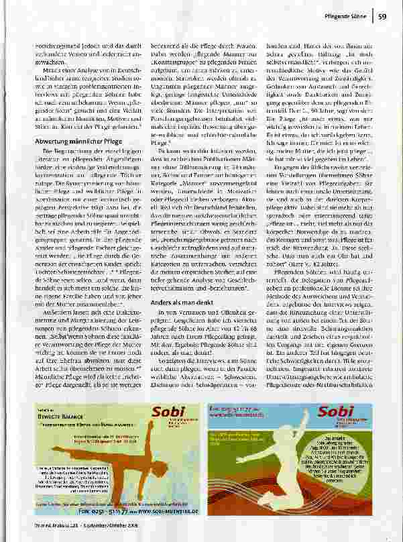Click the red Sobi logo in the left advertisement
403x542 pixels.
(x=167, y=414)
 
